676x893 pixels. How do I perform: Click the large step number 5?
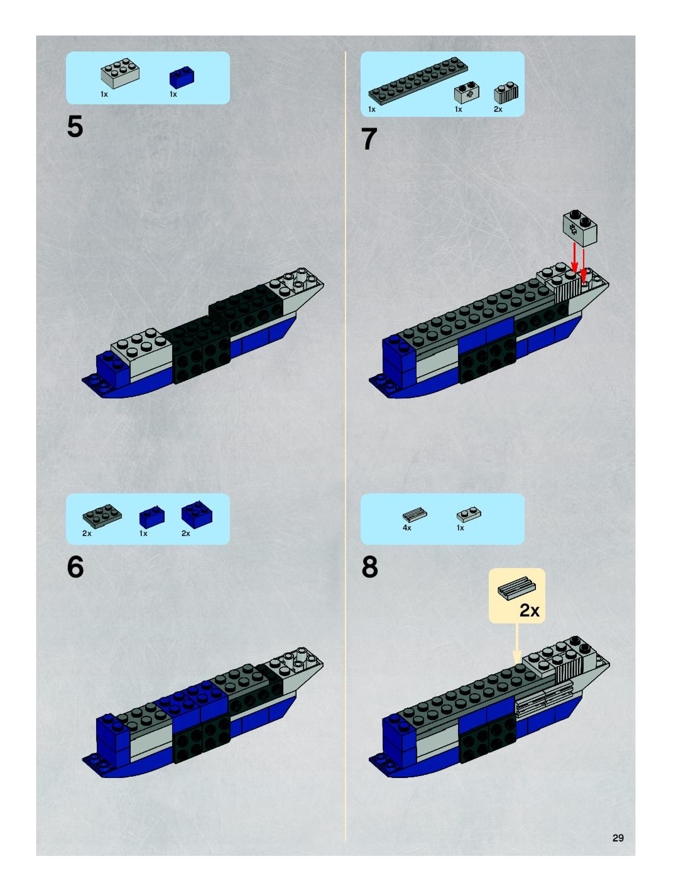[75, 127]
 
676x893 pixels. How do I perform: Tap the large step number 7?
[369, 139]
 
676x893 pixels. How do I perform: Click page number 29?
[618, 838]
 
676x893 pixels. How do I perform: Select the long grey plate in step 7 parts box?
[418, 81]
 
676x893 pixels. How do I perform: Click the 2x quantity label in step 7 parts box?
[498, 109]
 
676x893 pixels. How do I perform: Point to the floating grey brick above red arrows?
[580, 228]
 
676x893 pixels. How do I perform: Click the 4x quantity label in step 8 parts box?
[407, 528]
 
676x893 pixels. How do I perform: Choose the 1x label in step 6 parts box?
[143, 533]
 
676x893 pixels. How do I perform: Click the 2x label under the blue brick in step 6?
[186, 533]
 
